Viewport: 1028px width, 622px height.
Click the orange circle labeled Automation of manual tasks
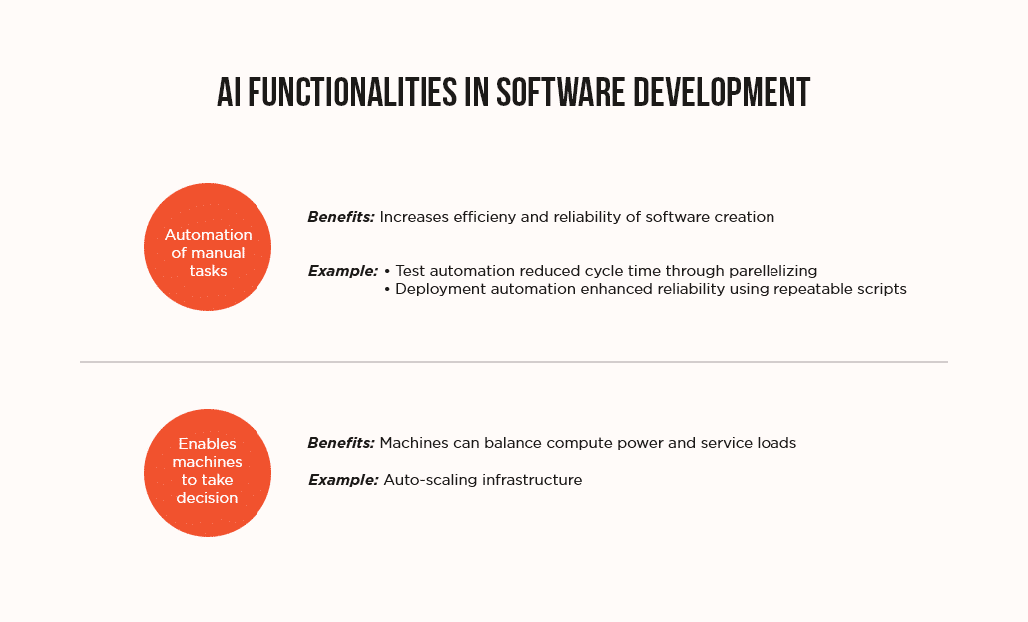click(x=208, y=247)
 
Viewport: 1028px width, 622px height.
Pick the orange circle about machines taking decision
click(x=208, y=473)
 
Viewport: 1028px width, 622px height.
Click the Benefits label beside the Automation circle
click(x=341, y=217)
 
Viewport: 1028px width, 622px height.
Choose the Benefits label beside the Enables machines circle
click(x=341, y=443)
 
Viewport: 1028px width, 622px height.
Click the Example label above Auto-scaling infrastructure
click(x=343, y=480)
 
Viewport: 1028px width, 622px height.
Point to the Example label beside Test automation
click(x=343, y=271)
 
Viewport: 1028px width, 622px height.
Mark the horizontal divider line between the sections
click(x=514, y=362)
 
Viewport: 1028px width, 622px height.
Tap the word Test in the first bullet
click(x=412, y=271)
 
